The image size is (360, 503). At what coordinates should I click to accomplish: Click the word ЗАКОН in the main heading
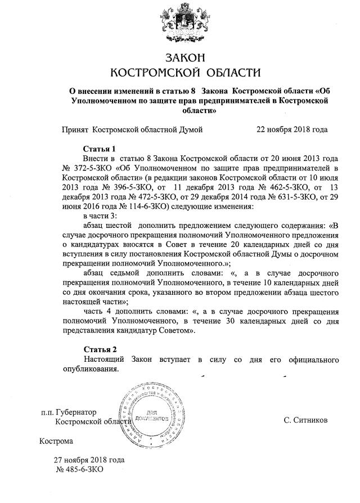185,57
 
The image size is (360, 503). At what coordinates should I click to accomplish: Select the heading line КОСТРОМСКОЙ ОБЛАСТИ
185,73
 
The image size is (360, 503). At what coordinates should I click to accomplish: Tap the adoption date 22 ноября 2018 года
291,129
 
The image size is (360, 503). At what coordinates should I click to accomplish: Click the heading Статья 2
100,349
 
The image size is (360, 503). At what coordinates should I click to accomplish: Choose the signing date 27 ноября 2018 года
89,459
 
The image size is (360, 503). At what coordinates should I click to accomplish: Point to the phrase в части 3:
100,215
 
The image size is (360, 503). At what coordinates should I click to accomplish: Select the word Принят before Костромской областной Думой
75,129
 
